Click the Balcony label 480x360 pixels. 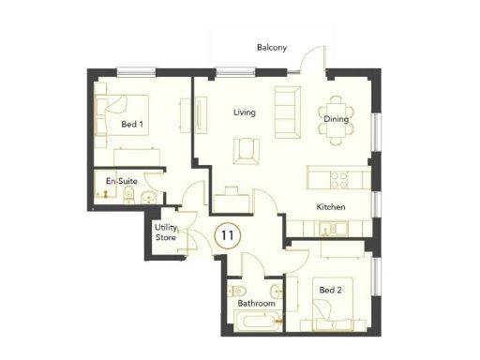click(x=272, y=48)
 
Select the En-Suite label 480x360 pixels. click(x=117, y=179)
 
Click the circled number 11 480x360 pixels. click(x=226, y=233)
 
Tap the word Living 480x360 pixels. click(x=245, y=113)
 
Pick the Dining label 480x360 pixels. click(x=336, y=119)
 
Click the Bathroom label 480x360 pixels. click(x=255, y=304)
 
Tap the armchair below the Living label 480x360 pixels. click(x=247, y=148)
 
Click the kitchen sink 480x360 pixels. click(x=331, y=228)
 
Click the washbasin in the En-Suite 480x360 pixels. click(x=152, y=196)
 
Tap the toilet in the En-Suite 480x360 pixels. click(x=135, y=195)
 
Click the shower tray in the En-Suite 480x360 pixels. click(x=107, y=190)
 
